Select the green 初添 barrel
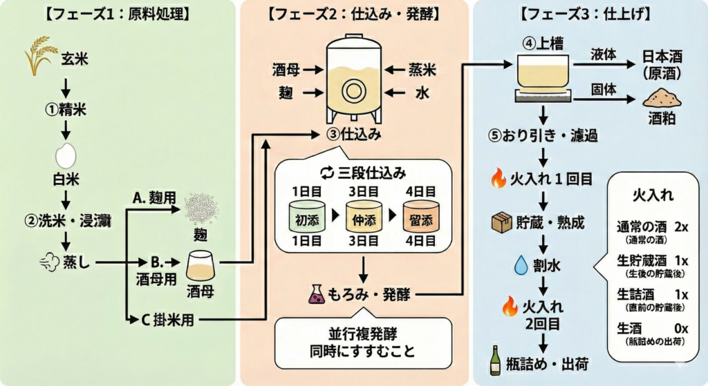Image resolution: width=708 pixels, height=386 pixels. pyautogui.click(x=306, y=220)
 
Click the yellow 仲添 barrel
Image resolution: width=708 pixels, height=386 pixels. pyautogui.click(x=363, y=220)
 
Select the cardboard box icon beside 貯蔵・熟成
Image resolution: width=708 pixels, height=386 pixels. pyautogui.click(x=499, y=224)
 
